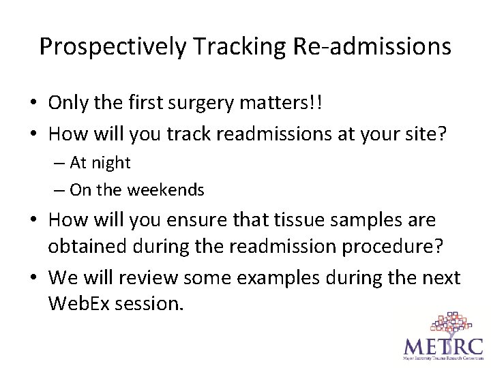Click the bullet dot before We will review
point(34,278)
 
